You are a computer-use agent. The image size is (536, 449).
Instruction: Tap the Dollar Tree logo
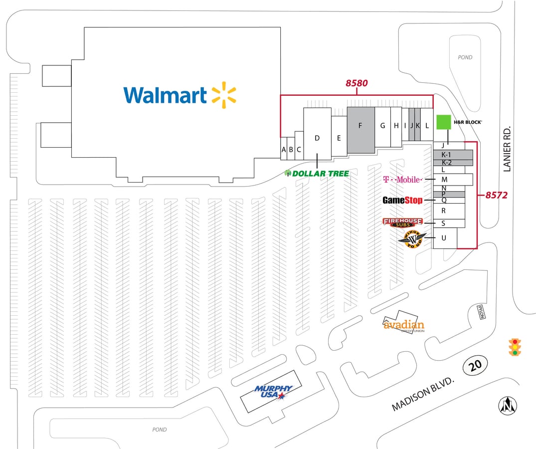317,173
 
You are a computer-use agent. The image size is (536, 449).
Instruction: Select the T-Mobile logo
402,179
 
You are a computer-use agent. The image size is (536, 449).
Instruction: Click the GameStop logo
402,200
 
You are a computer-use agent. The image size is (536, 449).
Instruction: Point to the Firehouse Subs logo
402,222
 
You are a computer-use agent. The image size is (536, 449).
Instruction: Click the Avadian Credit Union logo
404,325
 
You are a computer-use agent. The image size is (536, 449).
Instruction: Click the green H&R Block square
443,122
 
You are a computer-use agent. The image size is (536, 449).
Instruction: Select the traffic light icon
515,347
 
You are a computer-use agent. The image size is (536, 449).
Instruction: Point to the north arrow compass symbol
508,405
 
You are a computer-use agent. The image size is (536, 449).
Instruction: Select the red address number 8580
357,83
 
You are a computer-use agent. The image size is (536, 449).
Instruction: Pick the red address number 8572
496,196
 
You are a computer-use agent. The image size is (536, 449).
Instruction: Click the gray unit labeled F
360,126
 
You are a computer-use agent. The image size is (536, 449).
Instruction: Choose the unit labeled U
443,238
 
